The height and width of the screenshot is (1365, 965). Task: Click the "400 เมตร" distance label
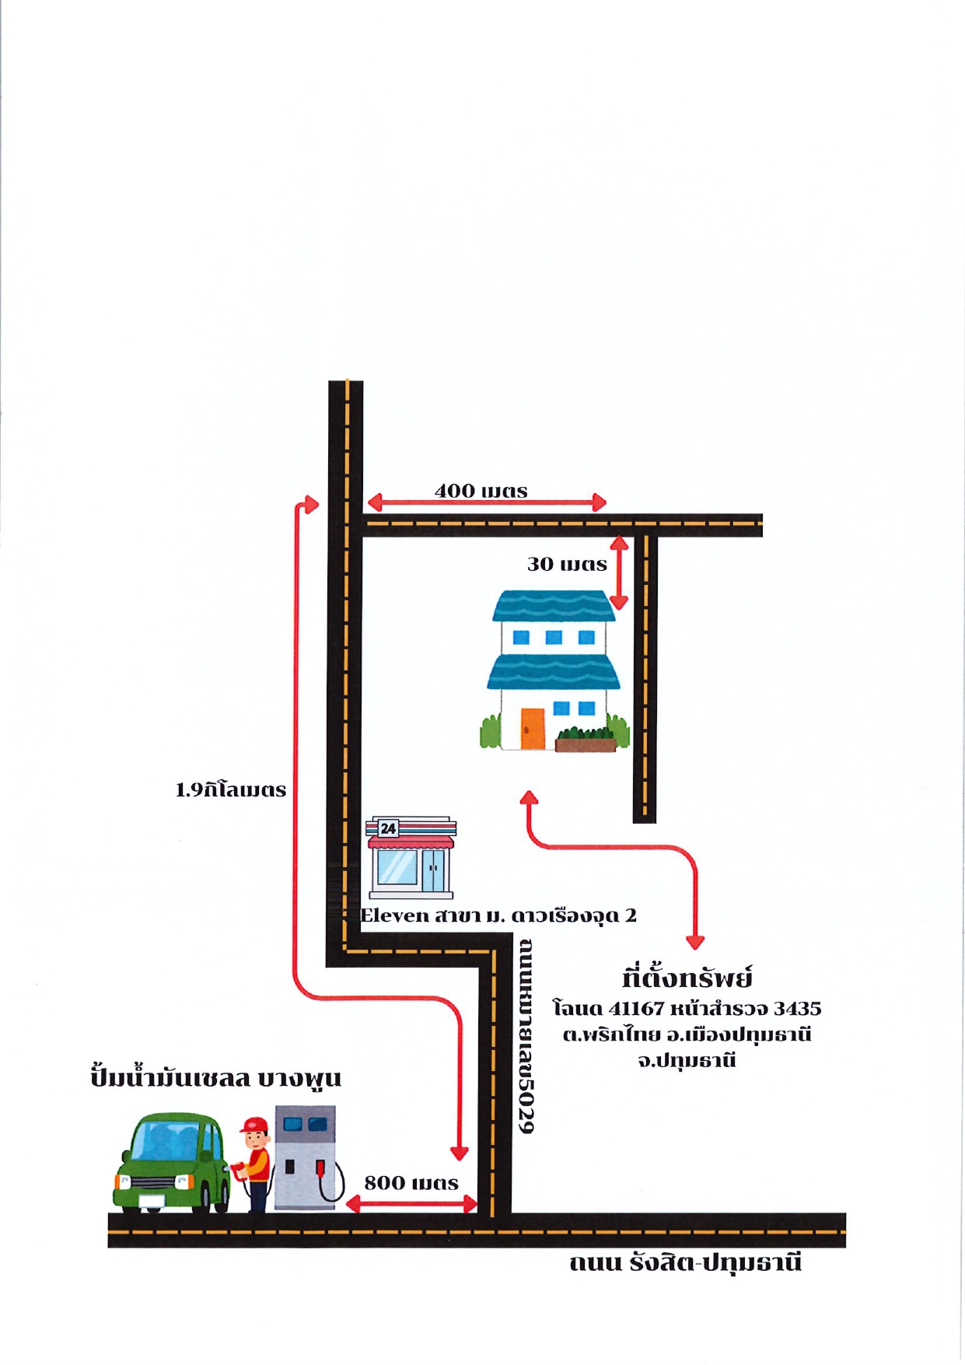click(x=481, y=491)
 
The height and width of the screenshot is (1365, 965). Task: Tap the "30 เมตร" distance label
click(x=567, y=564)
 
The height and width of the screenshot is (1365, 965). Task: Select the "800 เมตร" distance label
click(x=411, y=1183)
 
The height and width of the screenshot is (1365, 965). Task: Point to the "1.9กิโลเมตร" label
click(x=231, y=790)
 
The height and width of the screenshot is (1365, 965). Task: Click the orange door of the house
click(x=533, y=729)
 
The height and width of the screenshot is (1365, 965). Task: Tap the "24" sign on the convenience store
click(x=388, y=828)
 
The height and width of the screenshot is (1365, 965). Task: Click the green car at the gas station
click(x=173, y=1162)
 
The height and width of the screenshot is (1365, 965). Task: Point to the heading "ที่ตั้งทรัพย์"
click(x=687, y=977)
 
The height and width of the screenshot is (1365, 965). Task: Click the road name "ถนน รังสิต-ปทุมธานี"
click(x=685, y=1262)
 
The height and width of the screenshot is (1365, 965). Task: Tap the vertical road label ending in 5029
click(x=526, y=1035)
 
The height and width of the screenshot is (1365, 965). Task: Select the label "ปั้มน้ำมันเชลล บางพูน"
click(x=215, y=1077)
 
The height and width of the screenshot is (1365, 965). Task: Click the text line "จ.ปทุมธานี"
click(x=687, y=1061)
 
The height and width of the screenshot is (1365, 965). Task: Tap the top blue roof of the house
click(x=554, y=606)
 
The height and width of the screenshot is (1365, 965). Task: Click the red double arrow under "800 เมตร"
click(x=411, y=1205)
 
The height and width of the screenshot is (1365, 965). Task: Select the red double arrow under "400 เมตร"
click(x=487, y=502)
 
